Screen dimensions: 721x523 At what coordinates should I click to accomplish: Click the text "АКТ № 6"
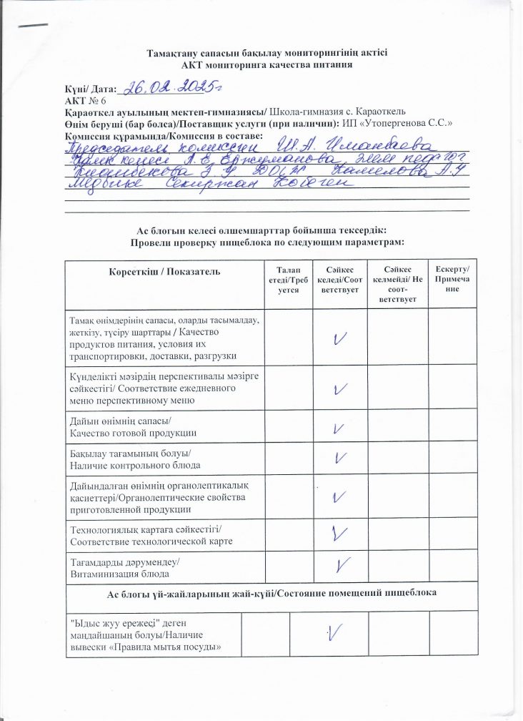[85, 101]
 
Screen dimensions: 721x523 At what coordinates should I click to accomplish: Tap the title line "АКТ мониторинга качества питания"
[267, 65]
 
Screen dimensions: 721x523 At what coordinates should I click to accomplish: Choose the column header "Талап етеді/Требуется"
[289, 282]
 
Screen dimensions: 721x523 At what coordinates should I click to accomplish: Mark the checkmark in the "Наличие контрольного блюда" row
[340, 458]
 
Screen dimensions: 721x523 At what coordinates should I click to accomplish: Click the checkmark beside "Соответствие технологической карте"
[340, 532]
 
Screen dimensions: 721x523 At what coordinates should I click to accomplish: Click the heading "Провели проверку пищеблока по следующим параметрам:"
[267, 242]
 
